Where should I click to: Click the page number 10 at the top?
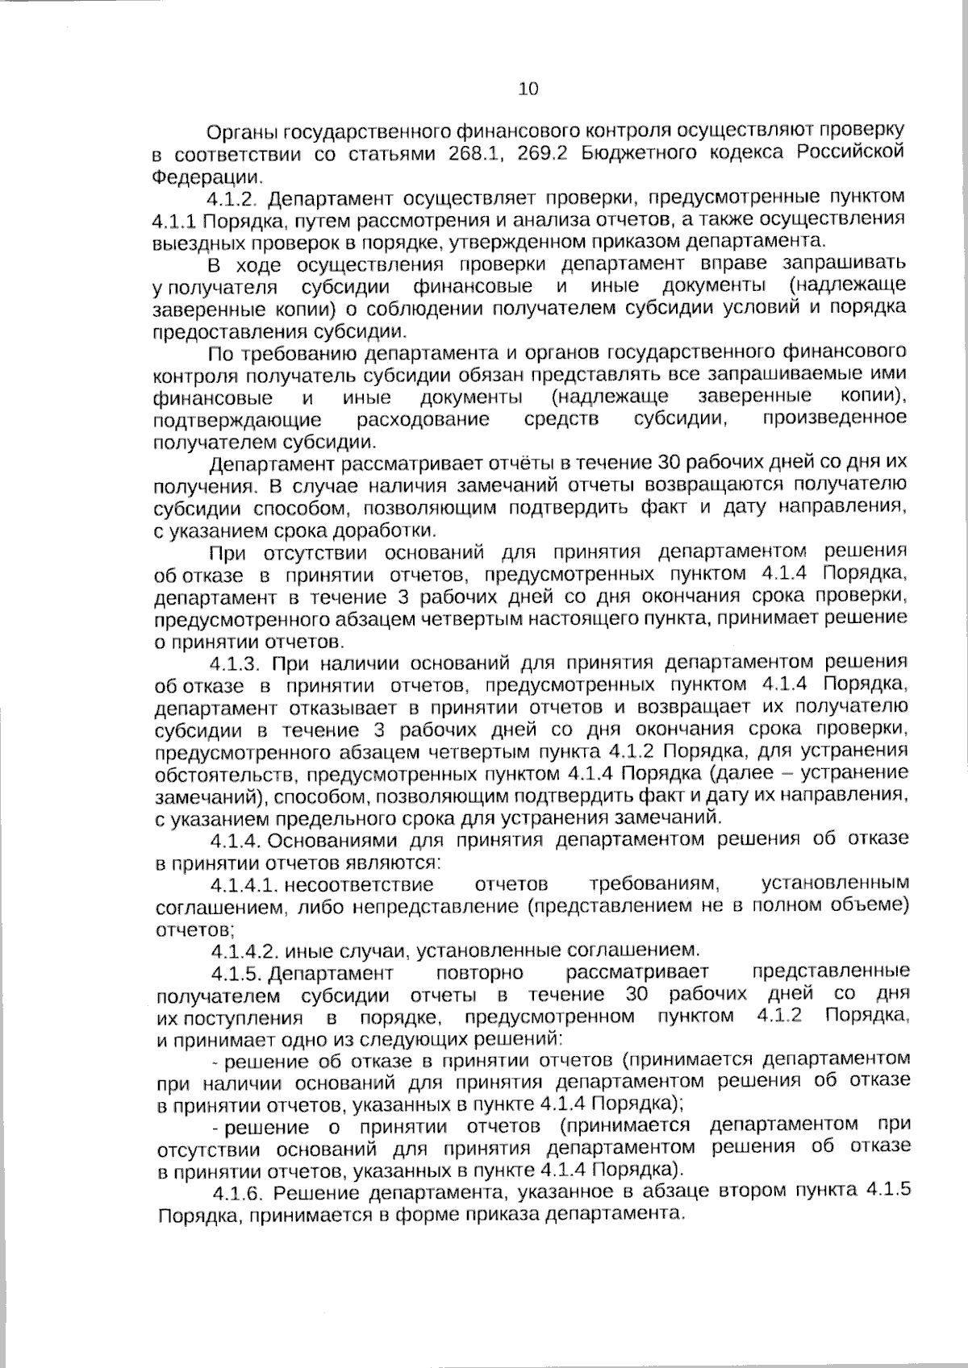tap(528, 89)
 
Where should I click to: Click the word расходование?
tap(423, 419)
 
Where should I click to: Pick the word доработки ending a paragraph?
tap(395, 531)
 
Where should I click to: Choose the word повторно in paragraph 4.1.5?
tap(479, 972)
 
